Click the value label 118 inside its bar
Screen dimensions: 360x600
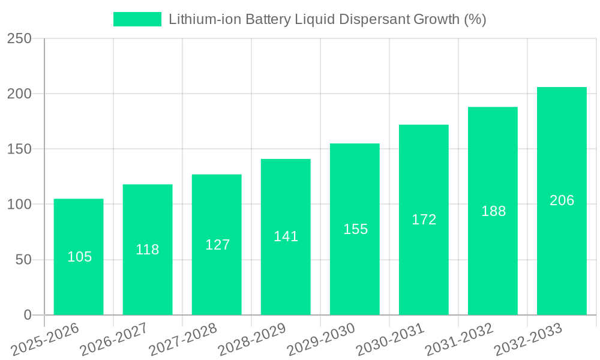pos(148,250)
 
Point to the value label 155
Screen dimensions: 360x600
pos(355,229)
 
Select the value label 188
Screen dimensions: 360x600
pos(494,211)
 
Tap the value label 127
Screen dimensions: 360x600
pos(217,245)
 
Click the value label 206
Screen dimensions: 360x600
pos(562,200)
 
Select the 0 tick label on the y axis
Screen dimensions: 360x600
pos(27,315)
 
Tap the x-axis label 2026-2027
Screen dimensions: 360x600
pos(114,340)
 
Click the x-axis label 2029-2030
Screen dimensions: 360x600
pos(321,340)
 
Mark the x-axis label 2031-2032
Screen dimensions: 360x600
pos(459,340)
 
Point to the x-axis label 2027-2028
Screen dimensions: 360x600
pos(183,340)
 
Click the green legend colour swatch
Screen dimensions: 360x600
pos(137,19)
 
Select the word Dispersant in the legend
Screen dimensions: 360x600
pos(374,19)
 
